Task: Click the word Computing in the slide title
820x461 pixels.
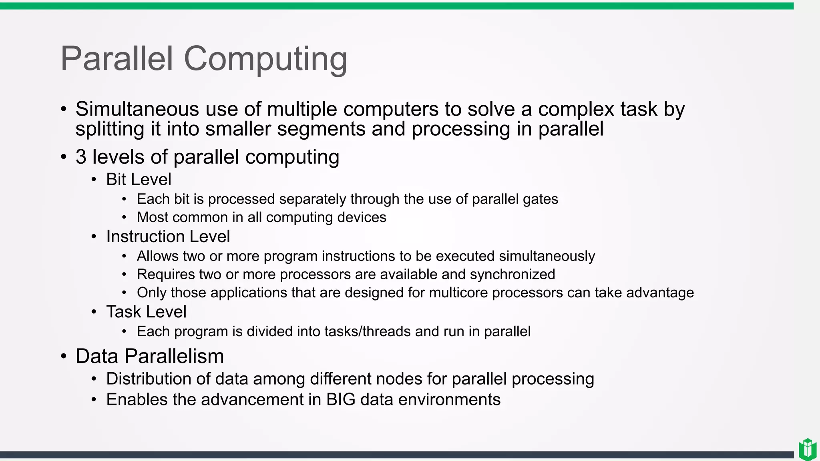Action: coord(265,59)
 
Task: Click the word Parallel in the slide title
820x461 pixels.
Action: coord(117,59)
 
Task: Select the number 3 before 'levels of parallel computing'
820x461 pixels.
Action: coord(81,157)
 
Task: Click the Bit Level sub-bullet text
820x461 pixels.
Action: coord(139,179)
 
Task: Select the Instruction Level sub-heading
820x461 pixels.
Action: coord(168,237)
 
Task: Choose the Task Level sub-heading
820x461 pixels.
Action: coord(146,312)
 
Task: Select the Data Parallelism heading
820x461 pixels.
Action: coord(149,356)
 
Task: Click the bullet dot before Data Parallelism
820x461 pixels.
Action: coord(64,356)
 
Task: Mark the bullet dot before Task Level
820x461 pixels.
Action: coord(94,312)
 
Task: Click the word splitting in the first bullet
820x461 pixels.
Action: coord(110,129)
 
